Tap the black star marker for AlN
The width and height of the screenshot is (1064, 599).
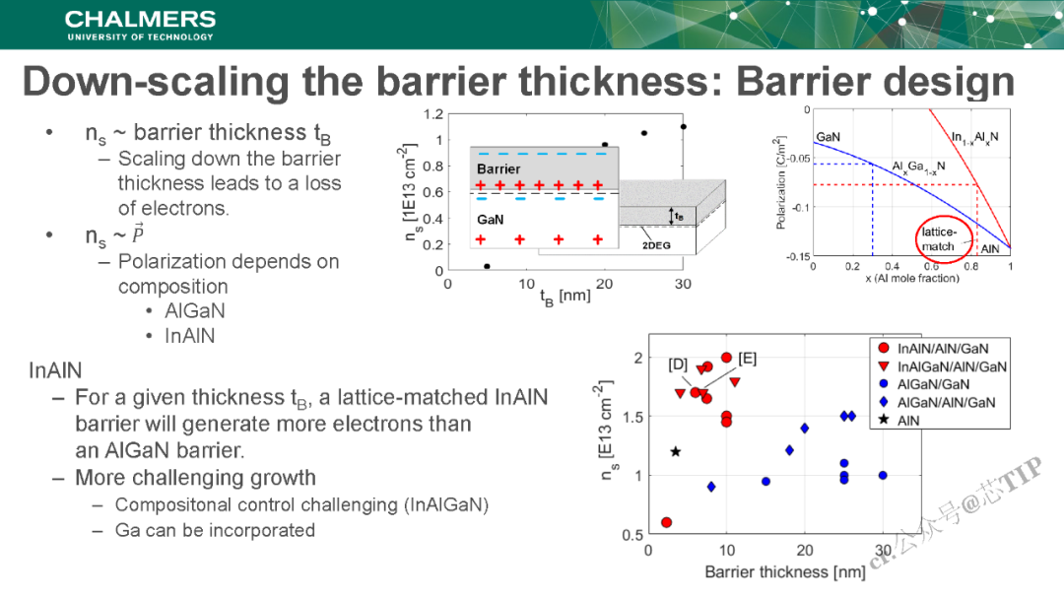[x=676, y=451]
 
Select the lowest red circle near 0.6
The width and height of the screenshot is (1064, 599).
[x=666, y=522]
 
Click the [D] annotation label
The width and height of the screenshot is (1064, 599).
[x=678, y=365]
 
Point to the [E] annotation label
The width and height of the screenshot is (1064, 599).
[x=747, y=358]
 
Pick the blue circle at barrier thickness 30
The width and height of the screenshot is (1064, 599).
[x=883, y=475]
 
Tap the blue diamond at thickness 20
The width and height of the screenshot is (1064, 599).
[x=805, y=428]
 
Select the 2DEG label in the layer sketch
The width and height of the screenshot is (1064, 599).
[x=656, y=244]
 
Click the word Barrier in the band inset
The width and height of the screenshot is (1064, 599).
[x=499, y=169]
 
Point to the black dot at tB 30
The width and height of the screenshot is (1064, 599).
[x=683, y=126]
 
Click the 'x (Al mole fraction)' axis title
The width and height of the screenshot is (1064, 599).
[x=911, y=279]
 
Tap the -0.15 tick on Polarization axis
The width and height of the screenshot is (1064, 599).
[x=795, y=256]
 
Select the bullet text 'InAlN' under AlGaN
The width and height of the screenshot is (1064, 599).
[x=190, y=336]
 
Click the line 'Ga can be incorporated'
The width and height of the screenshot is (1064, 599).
[x=215, y=530]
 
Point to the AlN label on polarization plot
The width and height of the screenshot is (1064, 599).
[x=989, y=250]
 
